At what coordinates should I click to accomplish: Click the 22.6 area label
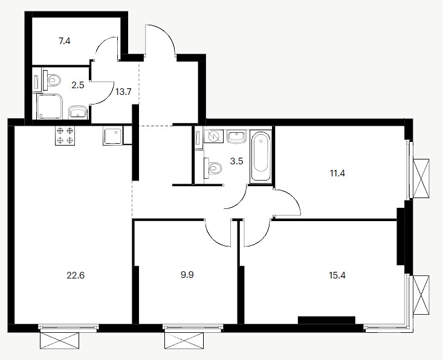click(x=76, y=275)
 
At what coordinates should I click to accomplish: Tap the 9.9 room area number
click(x=187, y=275)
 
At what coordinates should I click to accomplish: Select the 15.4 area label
click(x=337, y=275)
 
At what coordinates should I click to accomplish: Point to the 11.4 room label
click(x=337, y=173)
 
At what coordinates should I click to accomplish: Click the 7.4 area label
click(x=65, y=41)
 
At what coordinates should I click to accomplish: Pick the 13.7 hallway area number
click(x=123, y=91)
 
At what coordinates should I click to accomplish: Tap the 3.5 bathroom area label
click(x=236, y=161)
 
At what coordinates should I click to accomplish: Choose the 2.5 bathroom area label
click(x=78, y=85)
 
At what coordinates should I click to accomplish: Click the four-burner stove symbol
click(x=65, y=135)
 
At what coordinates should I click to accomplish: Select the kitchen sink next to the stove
click(x=113, y=135)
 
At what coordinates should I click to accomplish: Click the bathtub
click(x=260, y=155)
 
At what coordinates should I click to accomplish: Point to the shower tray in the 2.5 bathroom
click(x=49, y=106)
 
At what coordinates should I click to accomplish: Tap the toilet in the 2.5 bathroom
click(x=52, y=80)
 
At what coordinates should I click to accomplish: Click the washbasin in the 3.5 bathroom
click(x=237, y=137)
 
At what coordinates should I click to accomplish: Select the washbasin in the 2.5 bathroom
click(x=79, y=112)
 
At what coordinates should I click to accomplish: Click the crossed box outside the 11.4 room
click(x=421, y=178)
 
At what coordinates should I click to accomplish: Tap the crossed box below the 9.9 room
click(x=184, y=341)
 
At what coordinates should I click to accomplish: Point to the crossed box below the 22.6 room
click(x=59, y=341)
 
